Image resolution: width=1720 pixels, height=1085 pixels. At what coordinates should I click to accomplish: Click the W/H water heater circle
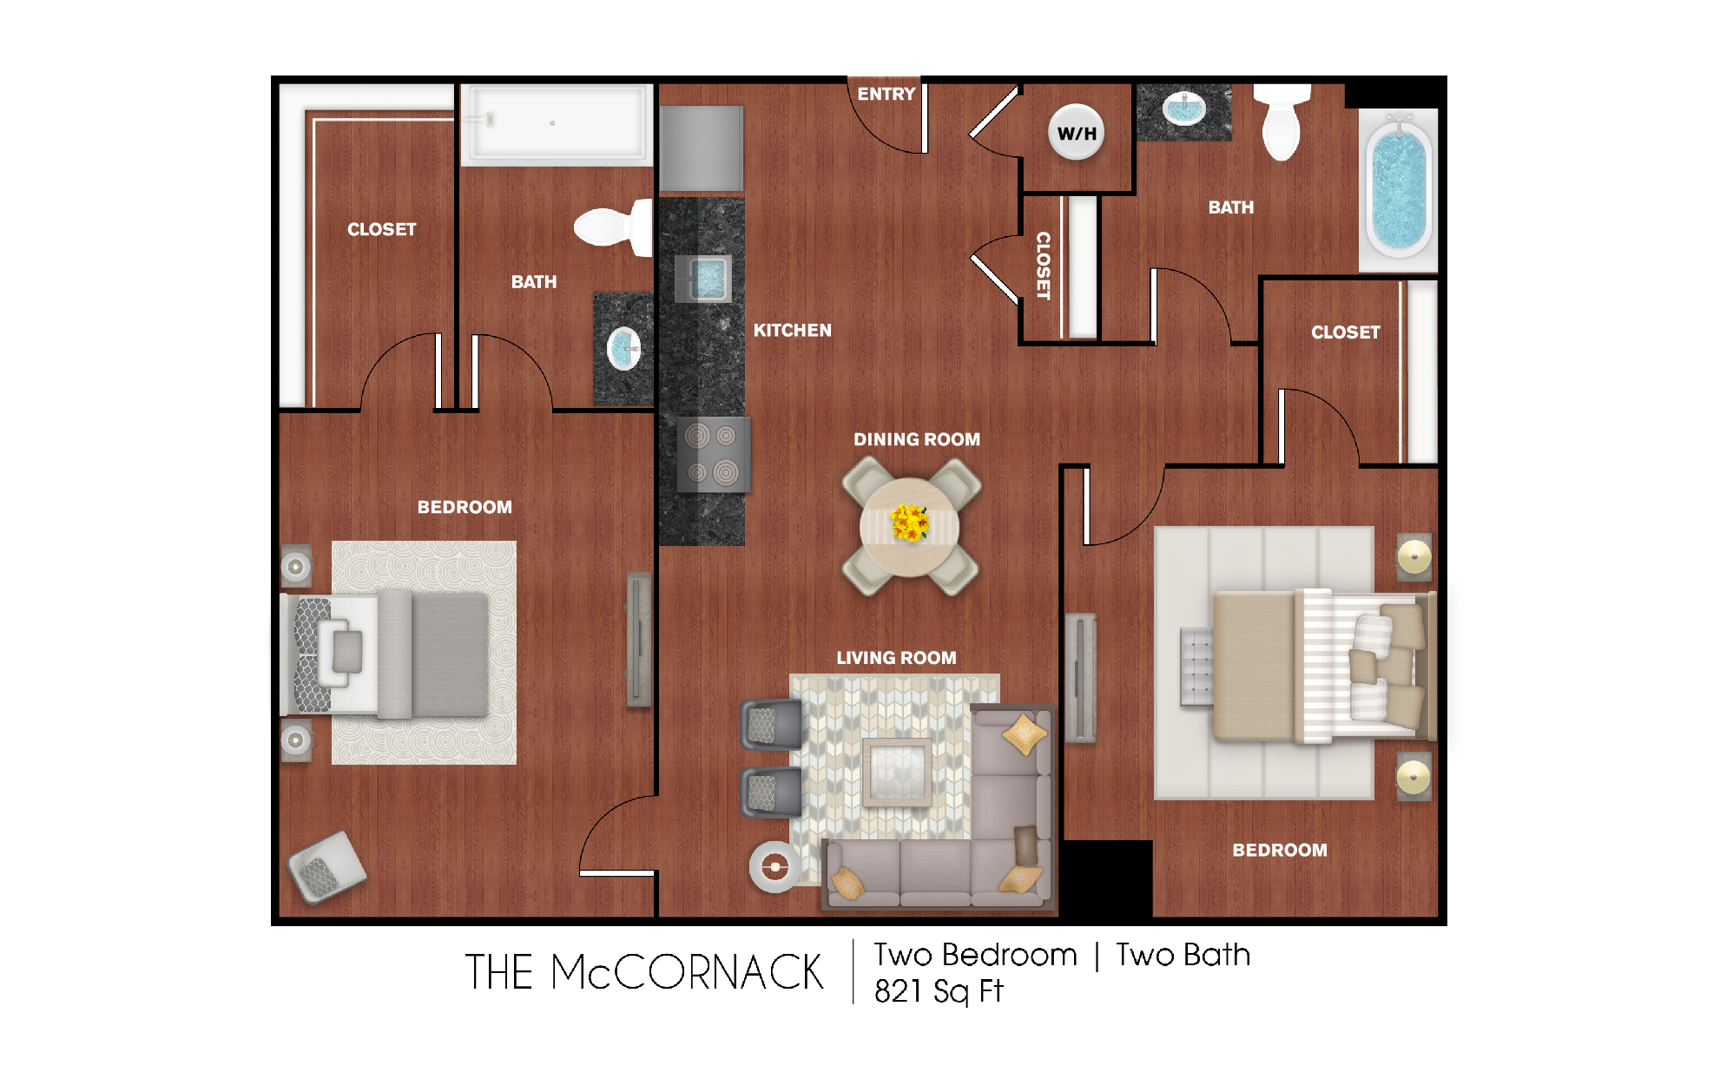pos(1077,133)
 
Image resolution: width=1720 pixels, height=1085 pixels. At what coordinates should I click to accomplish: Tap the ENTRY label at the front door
pos(886,94)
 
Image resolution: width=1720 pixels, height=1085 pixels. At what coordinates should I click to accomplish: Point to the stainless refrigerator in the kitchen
pos(701,148)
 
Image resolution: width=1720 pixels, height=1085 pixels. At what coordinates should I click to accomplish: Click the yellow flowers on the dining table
pos(909,523)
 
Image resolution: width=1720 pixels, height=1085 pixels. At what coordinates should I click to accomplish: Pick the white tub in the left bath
pos(557,124)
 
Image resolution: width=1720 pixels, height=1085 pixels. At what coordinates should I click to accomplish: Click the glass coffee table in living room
pos(897,770)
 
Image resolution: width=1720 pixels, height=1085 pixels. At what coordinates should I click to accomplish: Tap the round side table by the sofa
pos(774,866)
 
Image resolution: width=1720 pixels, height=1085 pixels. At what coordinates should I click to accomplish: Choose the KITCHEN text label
pos(792,330)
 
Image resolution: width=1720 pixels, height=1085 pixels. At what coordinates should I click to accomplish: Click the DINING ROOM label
pos(916,439)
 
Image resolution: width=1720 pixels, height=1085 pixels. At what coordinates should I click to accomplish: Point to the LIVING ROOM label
pos(896,658)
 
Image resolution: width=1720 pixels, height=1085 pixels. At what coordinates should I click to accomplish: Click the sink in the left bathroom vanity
pos(623,349)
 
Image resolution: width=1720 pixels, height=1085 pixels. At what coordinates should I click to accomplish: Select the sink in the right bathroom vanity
pos(1184,109)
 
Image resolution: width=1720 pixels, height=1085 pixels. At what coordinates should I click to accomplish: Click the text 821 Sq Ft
pos(938,990)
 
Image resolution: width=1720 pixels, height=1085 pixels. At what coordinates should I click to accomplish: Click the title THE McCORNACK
pos(643,972)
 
